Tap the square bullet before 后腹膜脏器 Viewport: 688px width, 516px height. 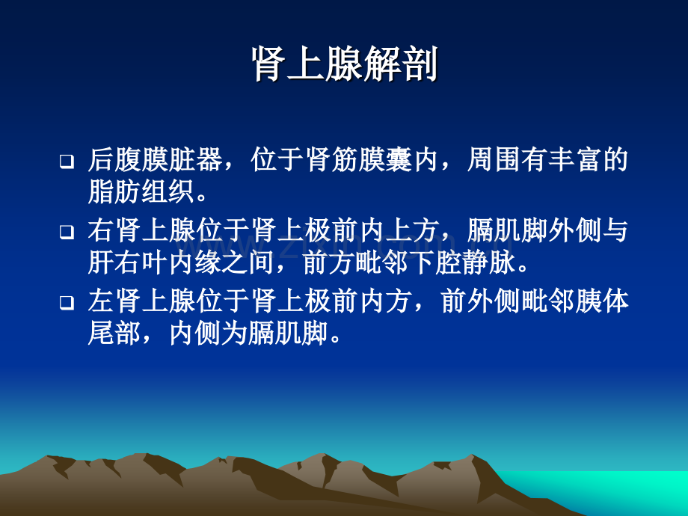(67, 161)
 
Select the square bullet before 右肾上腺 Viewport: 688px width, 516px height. (67, 233)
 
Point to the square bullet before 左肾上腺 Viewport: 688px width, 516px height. (67, 304)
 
